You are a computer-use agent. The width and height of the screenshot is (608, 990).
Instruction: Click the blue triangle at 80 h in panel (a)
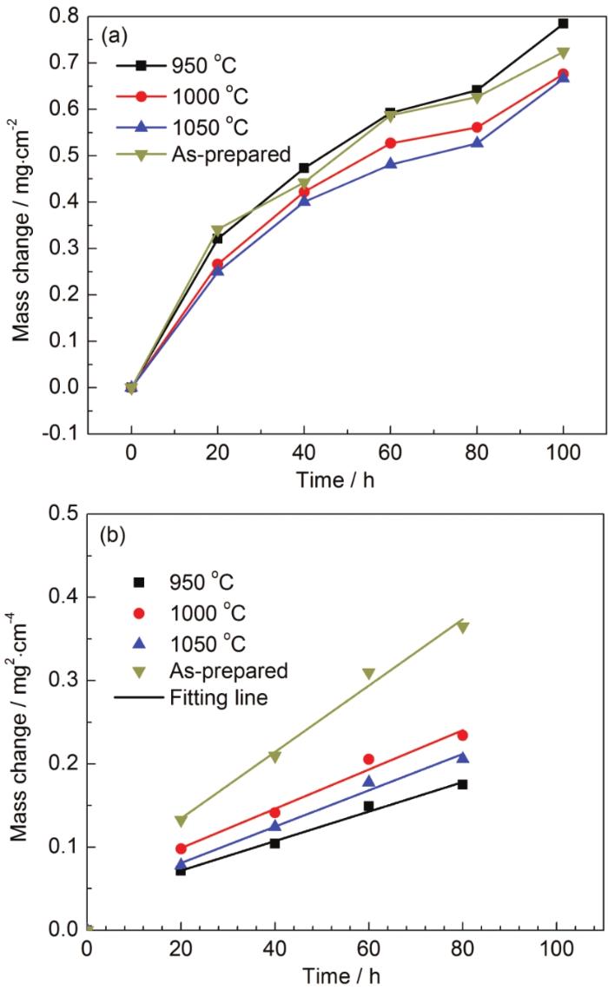476,142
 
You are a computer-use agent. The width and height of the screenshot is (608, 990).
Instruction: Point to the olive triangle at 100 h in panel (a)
563,53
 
